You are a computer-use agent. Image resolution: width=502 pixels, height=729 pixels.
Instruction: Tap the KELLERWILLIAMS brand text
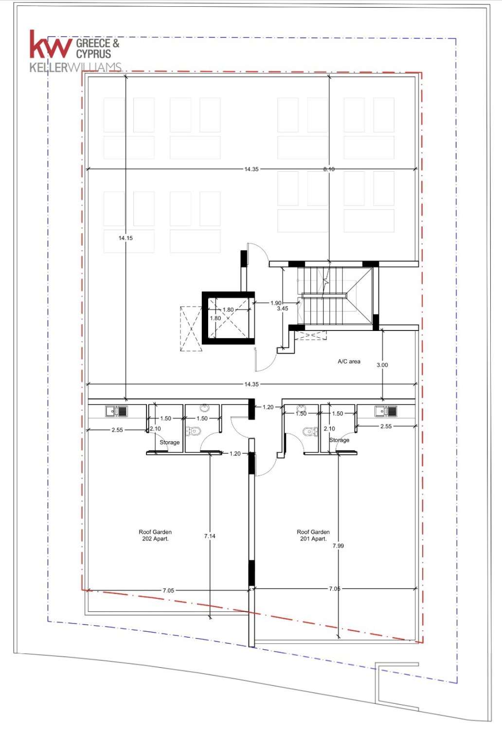pyautogui.click(x=75, y=68)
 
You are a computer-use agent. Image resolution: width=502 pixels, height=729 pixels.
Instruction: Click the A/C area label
pyautogui.click(x=349, y=361)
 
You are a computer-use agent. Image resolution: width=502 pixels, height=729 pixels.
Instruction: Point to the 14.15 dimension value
pyautogui.click(x=125, y=238)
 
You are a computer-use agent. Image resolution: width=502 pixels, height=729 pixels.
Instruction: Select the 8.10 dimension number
pyautogui.click(x=329, y=169)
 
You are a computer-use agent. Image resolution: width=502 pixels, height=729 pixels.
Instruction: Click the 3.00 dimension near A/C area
pyautogui.click(x=382, y=365)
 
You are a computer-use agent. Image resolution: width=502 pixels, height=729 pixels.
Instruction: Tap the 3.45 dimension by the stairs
pyautogui.click(x=283, y=308)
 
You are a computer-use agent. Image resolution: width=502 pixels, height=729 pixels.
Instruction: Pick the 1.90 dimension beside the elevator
pyautogui.click(x=276, y=303)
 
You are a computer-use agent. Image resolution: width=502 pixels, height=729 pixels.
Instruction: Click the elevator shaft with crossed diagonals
pyautogui.click(x=228, y=318)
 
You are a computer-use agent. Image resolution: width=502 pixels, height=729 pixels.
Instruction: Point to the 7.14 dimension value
pyautogui.click(x=210, y=536)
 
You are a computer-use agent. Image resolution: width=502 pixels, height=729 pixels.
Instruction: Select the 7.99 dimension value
pyautogui.click(x=338, y=545)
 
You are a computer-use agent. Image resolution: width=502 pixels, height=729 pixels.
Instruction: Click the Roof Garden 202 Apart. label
pyautogui.click(x=155, y=535)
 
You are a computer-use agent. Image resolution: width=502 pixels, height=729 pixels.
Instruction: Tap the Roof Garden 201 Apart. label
pyautogui.click(x=313, y=535)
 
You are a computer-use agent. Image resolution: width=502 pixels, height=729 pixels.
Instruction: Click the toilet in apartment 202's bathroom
pyautogui.click(x=193, y=431)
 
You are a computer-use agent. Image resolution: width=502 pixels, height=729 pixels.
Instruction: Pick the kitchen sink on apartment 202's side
pyautogui.click(x=116, y=411)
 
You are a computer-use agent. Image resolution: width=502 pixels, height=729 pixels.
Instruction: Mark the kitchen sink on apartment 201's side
pyautogui.click(x=386, y=411)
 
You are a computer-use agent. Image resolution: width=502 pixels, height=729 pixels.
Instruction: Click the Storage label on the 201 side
pyautogui.click(x=339, y=440)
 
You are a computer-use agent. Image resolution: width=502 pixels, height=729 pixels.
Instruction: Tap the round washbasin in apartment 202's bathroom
pyautogui.click(x=204, y=408)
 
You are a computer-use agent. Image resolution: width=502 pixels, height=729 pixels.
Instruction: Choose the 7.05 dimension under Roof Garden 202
pyautogui.click(x=168, y=590)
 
